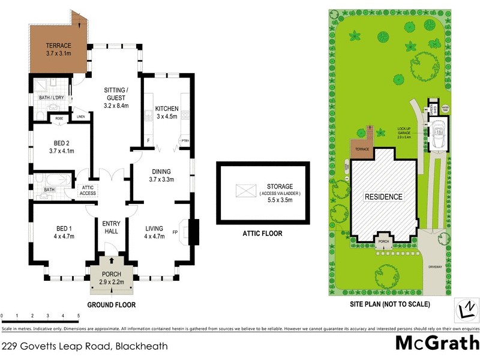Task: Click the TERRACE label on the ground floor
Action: (x=58, y=46)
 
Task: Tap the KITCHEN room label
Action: (x=166, y=109)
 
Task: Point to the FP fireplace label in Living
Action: (x=176, y=232)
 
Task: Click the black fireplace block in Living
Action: (x=194, y=232)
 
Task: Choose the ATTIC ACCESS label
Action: (x=88, y=190)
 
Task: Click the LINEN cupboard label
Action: (x=80, y=117)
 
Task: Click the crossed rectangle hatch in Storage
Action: (x=245, y=191)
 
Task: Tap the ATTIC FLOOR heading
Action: (x=262, y=234)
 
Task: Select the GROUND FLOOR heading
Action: (x=111, y=305)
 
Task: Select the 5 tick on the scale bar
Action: (x=78, y=315)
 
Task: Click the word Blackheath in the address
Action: (x=142, y=346)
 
